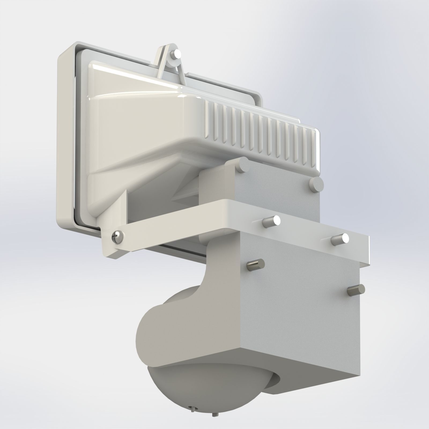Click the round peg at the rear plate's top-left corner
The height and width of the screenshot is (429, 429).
click(243, 164)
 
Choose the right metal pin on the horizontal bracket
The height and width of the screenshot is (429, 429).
click(339, 238)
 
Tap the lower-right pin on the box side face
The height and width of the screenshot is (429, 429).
click(356, 289)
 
